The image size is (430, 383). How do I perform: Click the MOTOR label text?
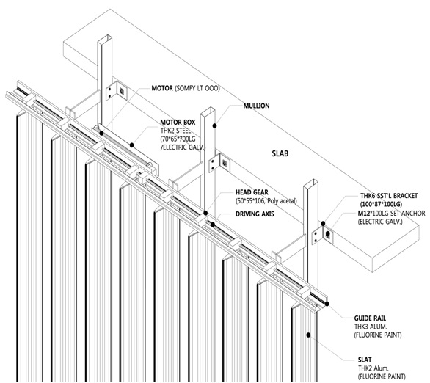pos(162,88)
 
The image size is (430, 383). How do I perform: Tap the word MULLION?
pos(256,106)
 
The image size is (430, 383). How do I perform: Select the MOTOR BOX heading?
pos(178,123)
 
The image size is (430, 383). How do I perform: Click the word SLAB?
pos(280,153)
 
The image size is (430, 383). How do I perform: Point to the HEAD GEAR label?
pos(252,192)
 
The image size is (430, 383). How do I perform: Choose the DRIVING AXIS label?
pos(255,214)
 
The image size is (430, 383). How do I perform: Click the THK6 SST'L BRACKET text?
pos(389,196)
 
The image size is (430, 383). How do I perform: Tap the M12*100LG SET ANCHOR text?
pos(391,213)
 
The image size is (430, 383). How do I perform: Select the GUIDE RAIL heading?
pos(370,318)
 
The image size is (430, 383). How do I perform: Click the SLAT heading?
pos(365,360)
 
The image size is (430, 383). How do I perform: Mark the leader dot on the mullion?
pos(215,126)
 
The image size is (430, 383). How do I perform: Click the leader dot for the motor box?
pos(131,145)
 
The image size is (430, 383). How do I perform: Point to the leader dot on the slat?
pos(308,335)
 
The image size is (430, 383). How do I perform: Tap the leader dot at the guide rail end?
pos(327,304)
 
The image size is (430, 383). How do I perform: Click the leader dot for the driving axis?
pos(213,225)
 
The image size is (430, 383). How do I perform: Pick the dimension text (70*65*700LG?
pos(178,139)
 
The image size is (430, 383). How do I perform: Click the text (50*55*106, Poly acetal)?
pos(266,201)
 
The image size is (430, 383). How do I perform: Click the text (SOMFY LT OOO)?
pos(197,88)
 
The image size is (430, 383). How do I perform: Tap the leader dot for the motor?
pos(101,134)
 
